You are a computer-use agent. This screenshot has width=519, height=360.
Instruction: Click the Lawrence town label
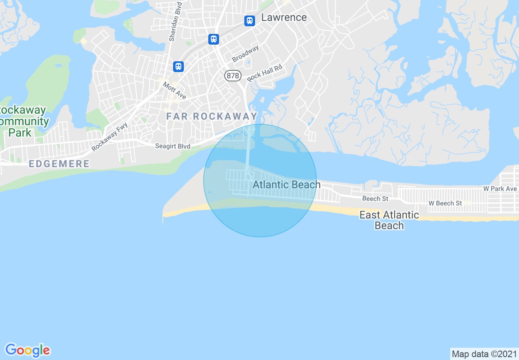pyautogui.click(x=284, y=18)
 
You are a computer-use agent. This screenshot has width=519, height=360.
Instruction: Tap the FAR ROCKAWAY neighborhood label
pyautogui.click(x=212, y=116)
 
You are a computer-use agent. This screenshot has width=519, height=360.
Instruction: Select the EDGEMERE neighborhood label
pyautogui.click(x=59, y=164)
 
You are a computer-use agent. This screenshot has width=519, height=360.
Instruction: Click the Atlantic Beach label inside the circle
pyautogui.click(x=287, y=184)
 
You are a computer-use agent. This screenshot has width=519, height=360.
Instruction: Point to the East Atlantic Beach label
pyautogui.click(x=389, y=220)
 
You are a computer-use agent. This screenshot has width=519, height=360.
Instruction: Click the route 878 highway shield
pyautogui.click(x=232, y=76)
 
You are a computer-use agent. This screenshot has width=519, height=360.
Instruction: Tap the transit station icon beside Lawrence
pyautogui.click(x=250, y=20)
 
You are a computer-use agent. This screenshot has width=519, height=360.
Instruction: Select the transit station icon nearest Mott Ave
pyautogui.click(x=178, y=66)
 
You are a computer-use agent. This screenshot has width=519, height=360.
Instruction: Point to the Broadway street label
pyautogui.click(x=246, y=54)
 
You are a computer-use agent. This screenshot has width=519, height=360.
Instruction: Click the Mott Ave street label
pyautogui.click(x=175, y=90)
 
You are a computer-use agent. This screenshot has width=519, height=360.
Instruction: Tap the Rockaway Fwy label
pyautogui.click(x=110, y=136)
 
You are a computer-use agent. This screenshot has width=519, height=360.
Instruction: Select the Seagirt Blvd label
pyautogui.click(x=173, y=146)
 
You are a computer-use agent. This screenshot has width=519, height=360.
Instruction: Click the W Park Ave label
pyautogui.click(x=500, y=189)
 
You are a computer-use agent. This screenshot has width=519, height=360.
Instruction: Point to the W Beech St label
pyautogui.click(x=445, y=203)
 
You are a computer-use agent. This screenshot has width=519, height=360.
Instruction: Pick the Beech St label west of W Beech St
pyautogui.click(x=375, y=198)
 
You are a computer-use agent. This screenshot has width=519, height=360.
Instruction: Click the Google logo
pyautogui.click(x=28, y=350)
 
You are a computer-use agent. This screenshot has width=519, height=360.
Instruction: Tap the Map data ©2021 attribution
pyautogui.click(x=484, y=354)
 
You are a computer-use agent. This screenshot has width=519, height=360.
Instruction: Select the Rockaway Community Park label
pyautogui.click(x=23, y=122)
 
